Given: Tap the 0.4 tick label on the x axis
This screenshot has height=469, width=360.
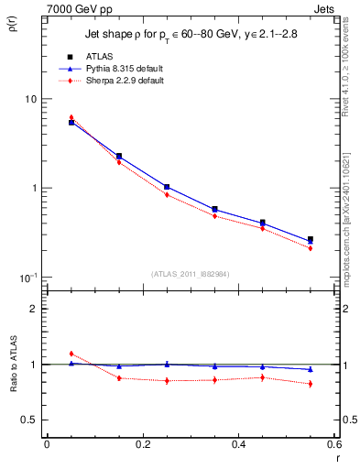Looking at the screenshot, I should point(239,445).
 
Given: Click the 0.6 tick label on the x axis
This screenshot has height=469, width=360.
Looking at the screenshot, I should point(334,445).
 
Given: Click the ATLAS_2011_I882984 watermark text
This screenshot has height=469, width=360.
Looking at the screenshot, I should point(191,274).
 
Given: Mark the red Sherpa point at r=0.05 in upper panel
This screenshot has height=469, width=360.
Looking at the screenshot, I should point(71,117).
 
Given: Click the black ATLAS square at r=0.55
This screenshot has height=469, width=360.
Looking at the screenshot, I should point(310,239).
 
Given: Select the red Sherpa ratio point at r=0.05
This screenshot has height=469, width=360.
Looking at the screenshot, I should point(71,354).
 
